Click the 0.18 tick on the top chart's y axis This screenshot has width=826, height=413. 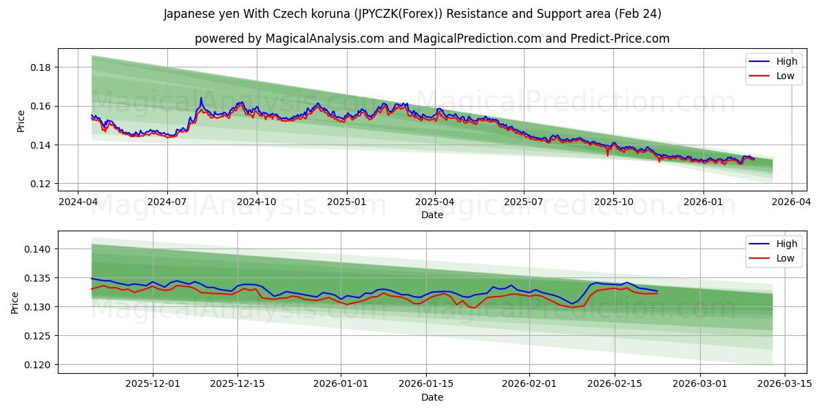pyautogui.click(x=42, y=67)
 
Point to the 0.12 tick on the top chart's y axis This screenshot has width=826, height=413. pyautogui.click(x=42, y=184)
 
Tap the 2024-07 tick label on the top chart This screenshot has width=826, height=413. pyautogui.click(x=167, y=202)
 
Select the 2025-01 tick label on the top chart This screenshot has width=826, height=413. pyautogui.click(x=346, y=202)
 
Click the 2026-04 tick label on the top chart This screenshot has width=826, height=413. pyautogui.click(x=791, y=202)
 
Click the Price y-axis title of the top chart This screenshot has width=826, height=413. pyautogui.click(x=21, y=121)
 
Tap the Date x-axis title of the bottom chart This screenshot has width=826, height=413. pyautogui.click(x=432, y=397)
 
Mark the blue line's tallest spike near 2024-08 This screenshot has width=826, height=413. pyautogui.click(x=201, y=98)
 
